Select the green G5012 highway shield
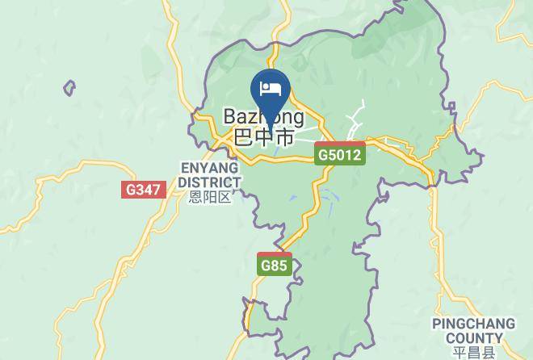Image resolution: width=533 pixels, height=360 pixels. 340,153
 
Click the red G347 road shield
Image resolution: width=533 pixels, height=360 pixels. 144,190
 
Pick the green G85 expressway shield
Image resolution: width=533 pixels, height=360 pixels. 275,265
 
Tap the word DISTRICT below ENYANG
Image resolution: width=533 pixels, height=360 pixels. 210,182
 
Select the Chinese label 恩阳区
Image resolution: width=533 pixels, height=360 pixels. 210,196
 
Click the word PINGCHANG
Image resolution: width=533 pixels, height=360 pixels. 473,324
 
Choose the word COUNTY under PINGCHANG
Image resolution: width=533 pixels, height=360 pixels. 473,338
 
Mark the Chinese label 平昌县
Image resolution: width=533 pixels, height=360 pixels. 473,353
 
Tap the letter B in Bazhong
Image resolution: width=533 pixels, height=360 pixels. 230,118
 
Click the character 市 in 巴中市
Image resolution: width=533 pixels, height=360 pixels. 283,137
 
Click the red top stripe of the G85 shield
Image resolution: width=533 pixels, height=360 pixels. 275,255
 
